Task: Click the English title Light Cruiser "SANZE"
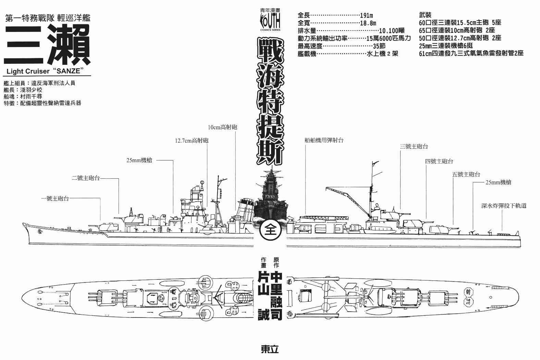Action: point(45,71)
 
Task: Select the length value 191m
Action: point(366,15)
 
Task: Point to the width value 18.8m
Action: point(368,23)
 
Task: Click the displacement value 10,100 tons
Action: point(392,31)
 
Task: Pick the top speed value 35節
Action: point(379,46)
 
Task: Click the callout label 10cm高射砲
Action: point(222,127)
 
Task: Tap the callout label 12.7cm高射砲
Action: point(192,141)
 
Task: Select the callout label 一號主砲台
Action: point(55,198)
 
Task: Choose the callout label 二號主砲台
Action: point(86,178)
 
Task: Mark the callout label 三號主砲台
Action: point(414,146)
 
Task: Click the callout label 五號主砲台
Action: point(466,174)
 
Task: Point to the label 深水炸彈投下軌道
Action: point(504,206)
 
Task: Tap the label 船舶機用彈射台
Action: point(324,140)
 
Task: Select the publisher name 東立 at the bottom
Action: point(270,349)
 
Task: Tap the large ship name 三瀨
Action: point(47,44)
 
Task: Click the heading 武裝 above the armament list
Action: point(425,15)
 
